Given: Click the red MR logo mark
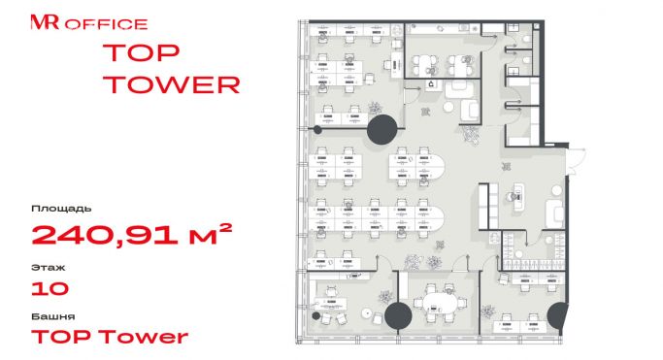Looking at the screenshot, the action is click(x=45, y=22).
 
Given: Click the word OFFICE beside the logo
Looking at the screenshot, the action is click(x=106, y=24).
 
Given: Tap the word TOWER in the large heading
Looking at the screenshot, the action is click(x=172, y=84).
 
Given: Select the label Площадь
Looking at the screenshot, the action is click(x=61, y=209).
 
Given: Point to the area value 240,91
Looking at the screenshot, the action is click(x=105, y=235).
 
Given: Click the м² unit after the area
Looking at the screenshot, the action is click(x=210, y=234).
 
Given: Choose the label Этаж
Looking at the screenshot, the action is click(x=49, y=268).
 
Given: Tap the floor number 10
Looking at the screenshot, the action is click(x=50, y=288).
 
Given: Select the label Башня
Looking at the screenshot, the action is click(x=53, y=316).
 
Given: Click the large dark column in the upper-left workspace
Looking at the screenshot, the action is click(x=382, y=129).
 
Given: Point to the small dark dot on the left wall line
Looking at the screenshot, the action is click(x=317, y=130).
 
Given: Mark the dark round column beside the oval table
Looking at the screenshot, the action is click(x=398, y=315).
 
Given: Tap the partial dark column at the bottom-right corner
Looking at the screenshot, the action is click(x=556, y=317).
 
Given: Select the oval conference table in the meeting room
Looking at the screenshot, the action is click(x=440, y=303).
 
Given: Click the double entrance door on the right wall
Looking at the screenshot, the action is click(x=576, y=160).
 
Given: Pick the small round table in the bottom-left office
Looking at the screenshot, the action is click(x=367, y=313).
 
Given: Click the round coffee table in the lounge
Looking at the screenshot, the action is click(x=448, y=108).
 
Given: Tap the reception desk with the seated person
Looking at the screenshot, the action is click(x=518, y=198).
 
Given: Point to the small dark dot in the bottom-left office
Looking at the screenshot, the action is click(x=315, y=315).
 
